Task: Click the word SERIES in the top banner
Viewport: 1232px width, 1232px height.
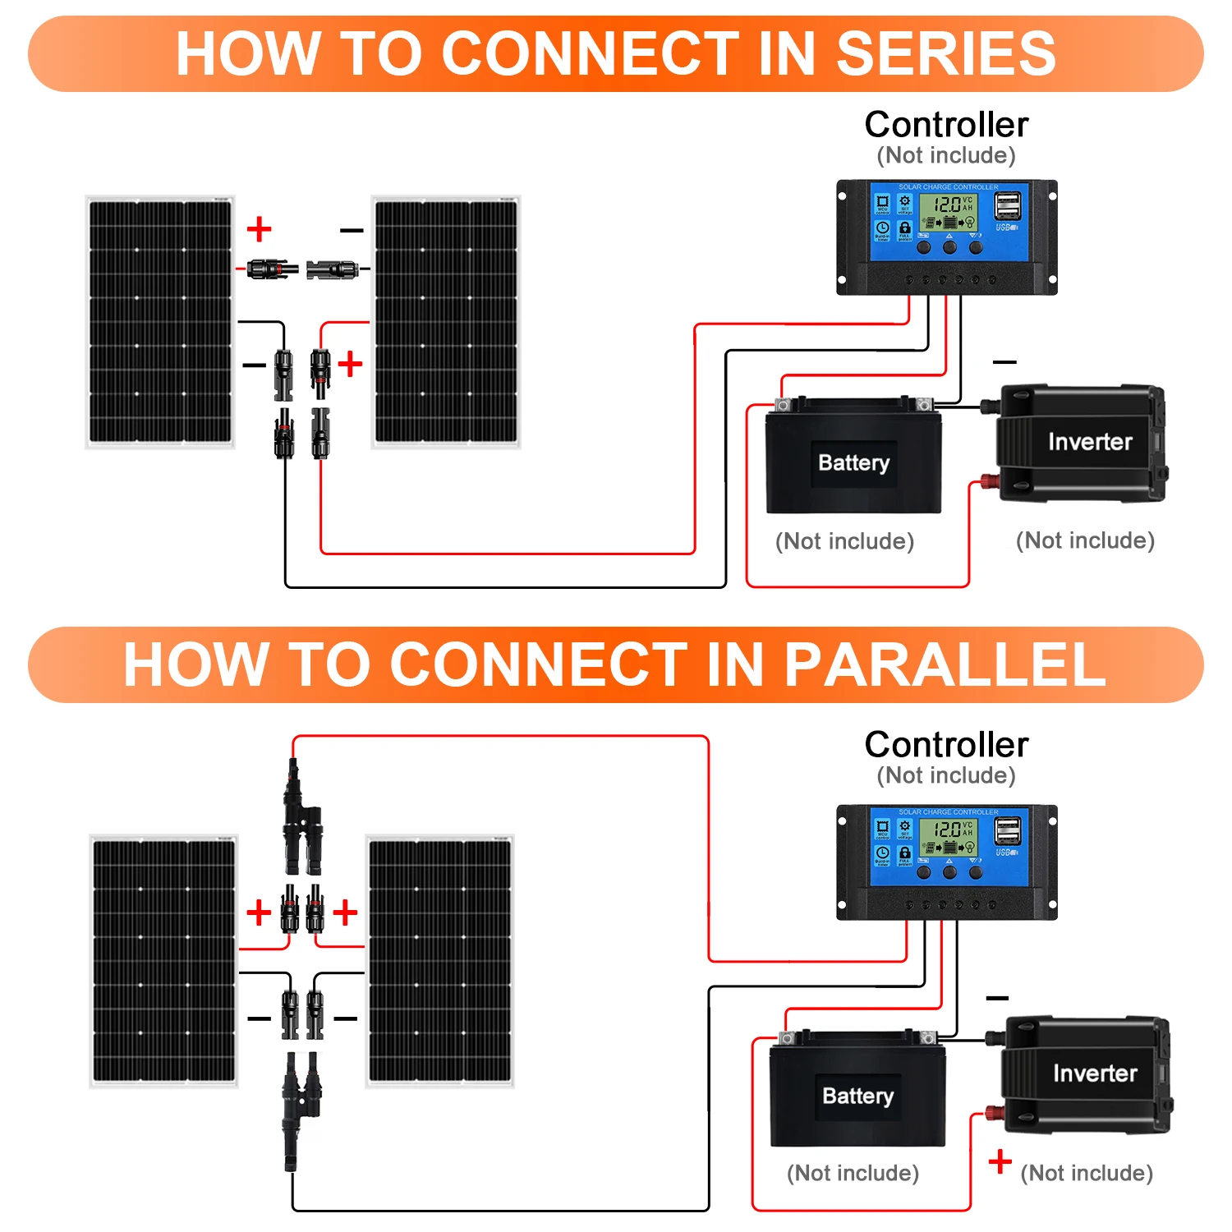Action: [x=945, y=54]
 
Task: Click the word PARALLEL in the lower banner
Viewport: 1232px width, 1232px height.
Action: [x=945, y=664]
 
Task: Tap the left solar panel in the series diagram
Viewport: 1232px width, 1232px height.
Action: [x=160, y=322]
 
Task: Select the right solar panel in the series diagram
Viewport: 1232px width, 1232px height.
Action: [x=446, y=322]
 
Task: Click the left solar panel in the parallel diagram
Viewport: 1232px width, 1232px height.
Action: [x=163, y=961]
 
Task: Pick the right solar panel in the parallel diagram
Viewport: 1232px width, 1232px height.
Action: [x=439, y=961]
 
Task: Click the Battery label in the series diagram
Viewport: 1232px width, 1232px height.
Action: [x=853, y=463]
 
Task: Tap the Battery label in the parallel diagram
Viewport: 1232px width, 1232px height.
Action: [x=857, y=1096]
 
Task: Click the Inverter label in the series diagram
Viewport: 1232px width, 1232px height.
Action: [x=1090, y=442]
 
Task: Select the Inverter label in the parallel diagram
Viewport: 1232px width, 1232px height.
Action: [x=1095, y=1073]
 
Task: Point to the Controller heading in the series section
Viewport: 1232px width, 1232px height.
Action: [x=946, y=125]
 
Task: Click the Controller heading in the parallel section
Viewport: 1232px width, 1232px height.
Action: [x=946, y=745]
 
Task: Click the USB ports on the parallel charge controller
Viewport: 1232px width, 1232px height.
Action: [x=1008, y=831]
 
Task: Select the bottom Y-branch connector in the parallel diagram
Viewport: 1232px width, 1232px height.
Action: [x=301, y=1105]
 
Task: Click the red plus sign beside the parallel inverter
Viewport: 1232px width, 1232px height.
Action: [x=1000, y=1161]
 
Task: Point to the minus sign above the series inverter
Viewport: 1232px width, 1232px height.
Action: [x=1004, y=361]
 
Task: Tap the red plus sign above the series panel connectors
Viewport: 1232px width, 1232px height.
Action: [x=259, y=229]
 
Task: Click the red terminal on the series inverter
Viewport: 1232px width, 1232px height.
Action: [x=986, y=481]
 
